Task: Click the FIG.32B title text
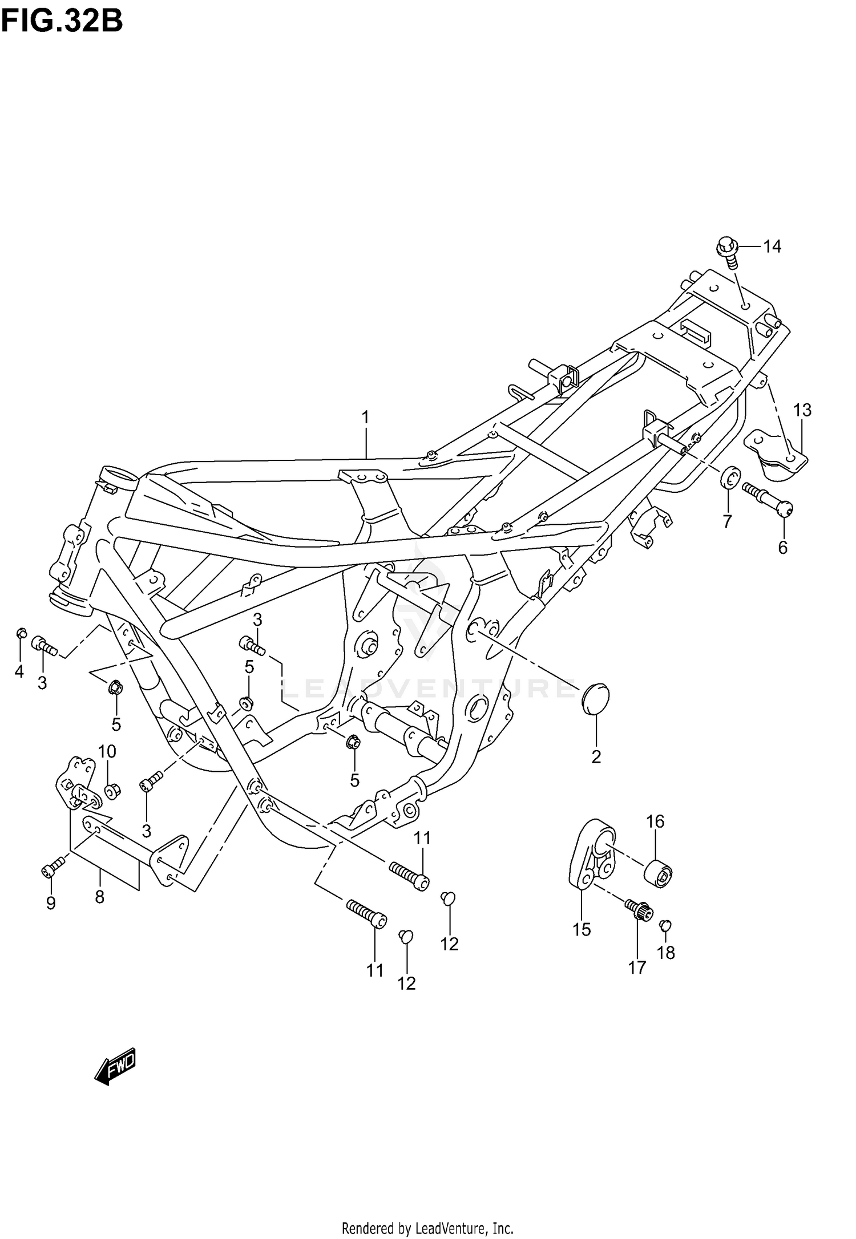tap(62, 22)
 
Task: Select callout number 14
tap(772, 246)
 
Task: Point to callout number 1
tap(365, 418)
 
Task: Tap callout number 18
tap(666, 953)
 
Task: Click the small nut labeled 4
tap(21, 633)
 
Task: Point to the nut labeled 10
tap(112, 791)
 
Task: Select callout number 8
tap(100, 897)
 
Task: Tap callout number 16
tap(655, 821)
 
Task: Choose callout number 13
tap(802, 410)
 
